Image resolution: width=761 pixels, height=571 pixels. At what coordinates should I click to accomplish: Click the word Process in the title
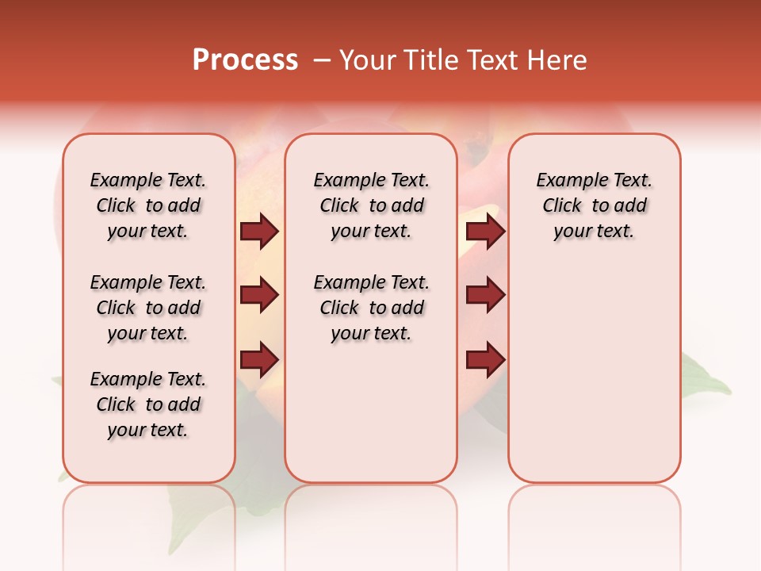tap(245, 60)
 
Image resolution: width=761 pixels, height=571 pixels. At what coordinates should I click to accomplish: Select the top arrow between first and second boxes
tap(259, 232)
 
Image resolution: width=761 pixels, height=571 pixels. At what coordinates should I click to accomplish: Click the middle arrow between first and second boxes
tap(259, 295)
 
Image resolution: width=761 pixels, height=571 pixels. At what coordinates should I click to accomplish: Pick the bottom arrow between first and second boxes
tap(259, 359)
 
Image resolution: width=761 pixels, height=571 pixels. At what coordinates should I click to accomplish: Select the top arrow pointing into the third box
tap(485, 232)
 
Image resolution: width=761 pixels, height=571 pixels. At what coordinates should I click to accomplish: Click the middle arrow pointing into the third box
tap(485, 295)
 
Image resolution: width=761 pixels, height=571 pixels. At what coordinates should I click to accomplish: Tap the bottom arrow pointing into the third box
tap(485, 359)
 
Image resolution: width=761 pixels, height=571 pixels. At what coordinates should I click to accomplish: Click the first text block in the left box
tap(148, 205)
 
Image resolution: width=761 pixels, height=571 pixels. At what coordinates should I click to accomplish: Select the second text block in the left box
tap(148, 308)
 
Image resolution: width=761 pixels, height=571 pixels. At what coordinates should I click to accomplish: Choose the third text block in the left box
tap(148, 404)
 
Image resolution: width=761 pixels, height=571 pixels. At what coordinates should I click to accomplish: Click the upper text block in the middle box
tap(371, 205)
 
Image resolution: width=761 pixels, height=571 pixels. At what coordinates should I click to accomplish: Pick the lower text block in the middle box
tap(371, 308)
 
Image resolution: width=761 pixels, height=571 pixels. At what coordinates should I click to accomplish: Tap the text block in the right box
tap(594, 205)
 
